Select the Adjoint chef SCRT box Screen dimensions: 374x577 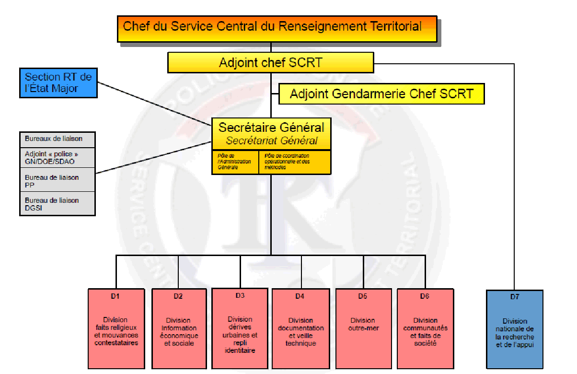coord(270,62)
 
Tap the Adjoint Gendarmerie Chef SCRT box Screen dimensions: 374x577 coord(381,93)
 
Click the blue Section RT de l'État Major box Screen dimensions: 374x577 coord(58,82)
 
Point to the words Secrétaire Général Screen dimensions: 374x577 coord(271,128)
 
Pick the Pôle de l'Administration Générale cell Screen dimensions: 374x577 coord(235,162)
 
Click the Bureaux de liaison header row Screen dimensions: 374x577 coord(58,139)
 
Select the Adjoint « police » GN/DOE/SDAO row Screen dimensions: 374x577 coord(58,157)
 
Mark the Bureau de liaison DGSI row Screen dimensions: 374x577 coord(58,204)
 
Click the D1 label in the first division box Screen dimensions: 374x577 coord(115,296)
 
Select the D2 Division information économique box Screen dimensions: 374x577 coord(178,328)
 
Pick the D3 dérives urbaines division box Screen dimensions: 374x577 coord(240,328)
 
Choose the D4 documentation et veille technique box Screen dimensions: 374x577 coord(300,328)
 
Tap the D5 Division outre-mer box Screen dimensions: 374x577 coord(363,328)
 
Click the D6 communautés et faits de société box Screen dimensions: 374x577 coord(425,328)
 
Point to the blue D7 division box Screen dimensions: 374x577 coord(515,329)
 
